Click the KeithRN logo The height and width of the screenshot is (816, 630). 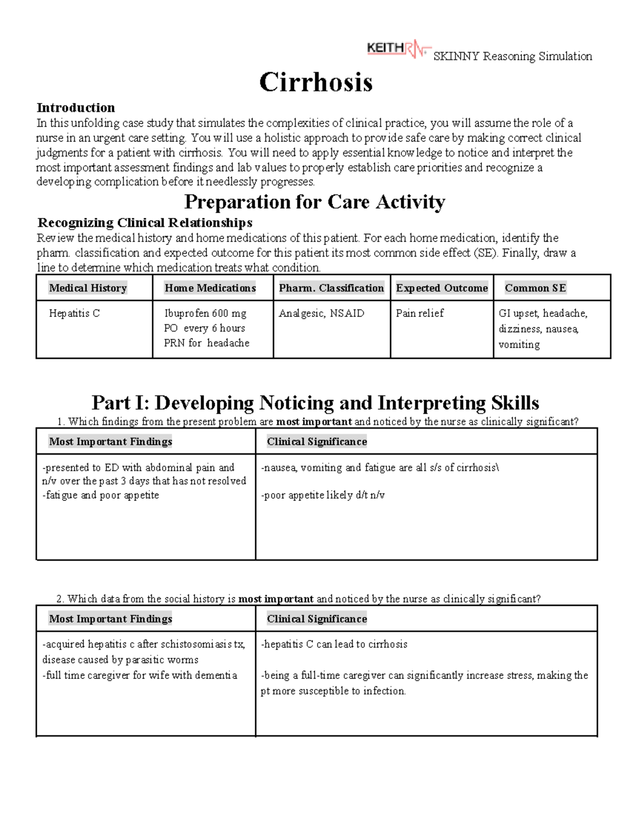(398, 49)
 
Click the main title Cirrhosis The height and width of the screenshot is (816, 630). (316, 82)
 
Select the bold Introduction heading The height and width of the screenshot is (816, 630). (76, 108)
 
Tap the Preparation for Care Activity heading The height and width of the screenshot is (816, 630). (314, 202)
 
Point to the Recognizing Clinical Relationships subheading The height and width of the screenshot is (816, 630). (145, 223)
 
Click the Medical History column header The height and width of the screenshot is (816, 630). (88, 288)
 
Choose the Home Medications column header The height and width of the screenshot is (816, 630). (210, 288)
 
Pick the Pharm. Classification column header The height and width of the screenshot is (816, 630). (331, 288)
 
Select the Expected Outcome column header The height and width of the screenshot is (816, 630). (442, 288)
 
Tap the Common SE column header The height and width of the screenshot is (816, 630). (535, 288)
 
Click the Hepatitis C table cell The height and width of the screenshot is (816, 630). (74, 314)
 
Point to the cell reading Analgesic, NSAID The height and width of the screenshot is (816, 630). (321, 314)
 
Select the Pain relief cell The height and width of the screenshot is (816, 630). (419, 314)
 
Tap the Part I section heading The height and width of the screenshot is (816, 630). (315, 403)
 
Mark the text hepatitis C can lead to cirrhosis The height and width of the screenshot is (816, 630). (334, 644)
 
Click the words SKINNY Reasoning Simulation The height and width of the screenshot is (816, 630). (512, 56)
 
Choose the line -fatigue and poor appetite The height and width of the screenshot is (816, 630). (100, 495)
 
